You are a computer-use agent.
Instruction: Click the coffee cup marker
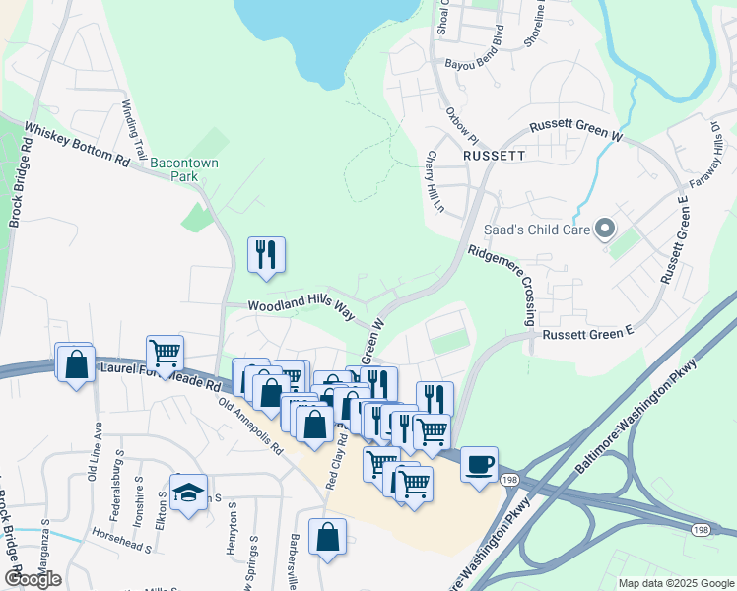tap(480, 464)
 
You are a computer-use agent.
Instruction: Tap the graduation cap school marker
tap(188, 492)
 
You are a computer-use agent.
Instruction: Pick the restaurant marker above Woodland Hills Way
tap(266, 254)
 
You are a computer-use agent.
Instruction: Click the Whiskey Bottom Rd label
tap(77, 144)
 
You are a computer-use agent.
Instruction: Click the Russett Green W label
tap(576, 130)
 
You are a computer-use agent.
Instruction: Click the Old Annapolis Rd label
tap(251, 424)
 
